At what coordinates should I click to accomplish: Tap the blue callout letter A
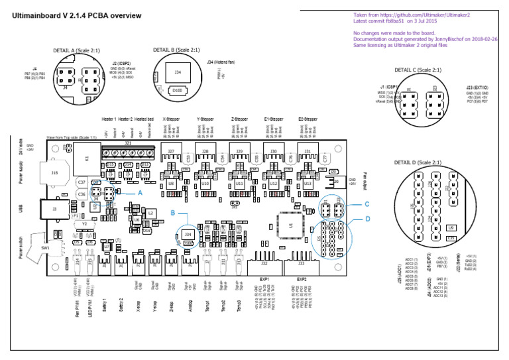pos(139,191)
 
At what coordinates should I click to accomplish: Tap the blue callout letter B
pos(172,213)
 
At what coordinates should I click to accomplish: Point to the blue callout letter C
pos(367,204)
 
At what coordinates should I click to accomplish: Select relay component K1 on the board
pos(87,158)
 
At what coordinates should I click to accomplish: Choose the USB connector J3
pos(55,210)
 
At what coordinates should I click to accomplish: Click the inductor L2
pos(150,212)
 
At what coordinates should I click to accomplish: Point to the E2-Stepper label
pos(309,119)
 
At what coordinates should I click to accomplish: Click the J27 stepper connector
pos(171,152)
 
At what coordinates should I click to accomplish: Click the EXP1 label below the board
pos(264,279)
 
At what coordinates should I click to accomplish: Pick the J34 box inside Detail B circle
pos(178,72)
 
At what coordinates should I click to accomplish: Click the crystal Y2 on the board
pos(84,224)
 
